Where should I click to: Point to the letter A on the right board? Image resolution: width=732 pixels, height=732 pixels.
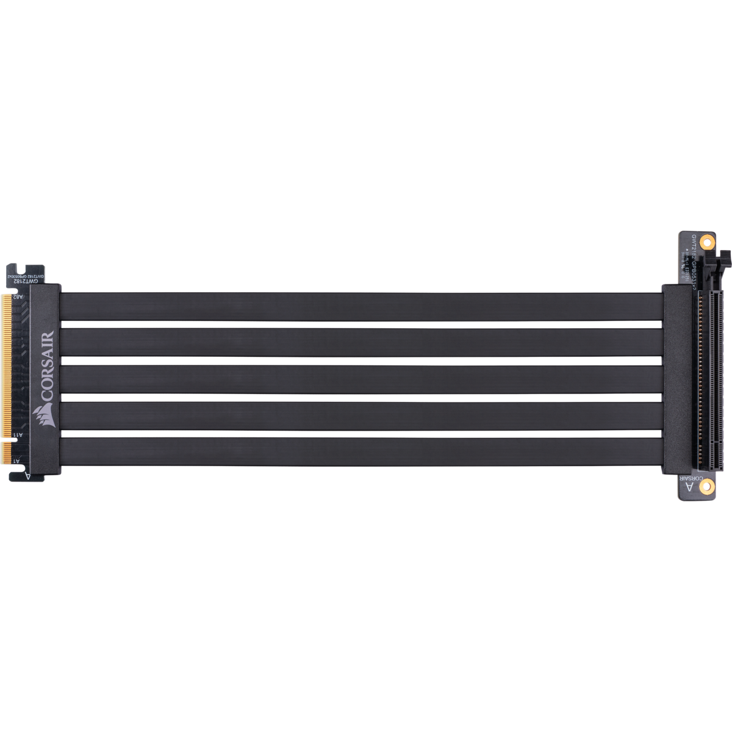pos(689,487)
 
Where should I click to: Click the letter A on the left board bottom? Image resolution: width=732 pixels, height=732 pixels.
pos(27,474)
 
